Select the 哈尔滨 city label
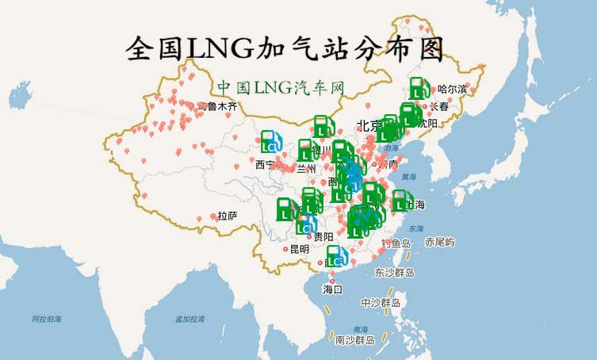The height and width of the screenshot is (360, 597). (x=453, y=89)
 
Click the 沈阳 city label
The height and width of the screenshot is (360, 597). (x=428, y=123)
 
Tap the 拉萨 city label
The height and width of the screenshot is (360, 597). (x=228, y=216)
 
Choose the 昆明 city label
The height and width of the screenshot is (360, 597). (x=299, y=249)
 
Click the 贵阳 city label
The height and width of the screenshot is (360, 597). (x=323, y=236)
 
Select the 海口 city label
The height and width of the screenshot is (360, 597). (x=332, y=289)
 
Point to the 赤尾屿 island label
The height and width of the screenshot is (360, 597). (x=439, y=241)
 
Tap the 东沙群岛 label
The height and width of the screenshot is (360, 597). (x=394, y=273)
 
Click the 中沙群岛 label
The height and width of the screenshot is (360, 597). (x=381, y=303)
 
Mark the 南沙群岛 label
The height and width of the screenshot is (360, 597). (x=354, y=340)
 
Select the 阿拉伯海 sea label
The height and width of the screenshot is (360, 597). (x=47, y=319)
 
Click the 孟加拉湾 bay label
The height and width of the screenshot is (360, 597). (x=189, y=319)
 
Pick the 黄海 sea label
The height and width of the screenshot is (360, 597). (x=408, y=177)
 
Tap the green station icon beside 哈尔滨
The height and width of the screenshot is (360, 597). (x=419, y=89)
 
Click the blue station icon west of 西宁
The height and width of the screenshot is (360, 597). (x=271, y=141)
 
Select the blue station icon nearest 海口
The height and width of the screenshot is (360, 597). (x=336, y=256)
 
